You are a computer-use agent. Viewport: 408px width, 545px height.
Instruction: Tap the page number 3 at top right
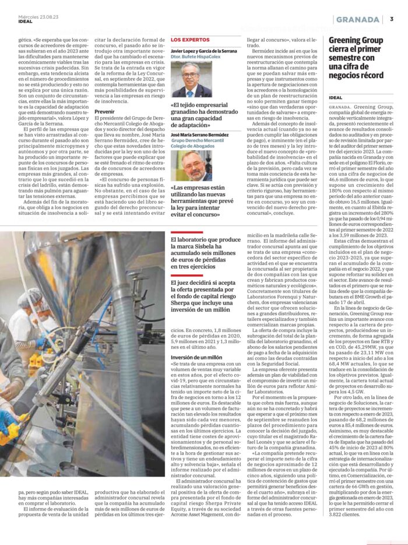click(392, 19)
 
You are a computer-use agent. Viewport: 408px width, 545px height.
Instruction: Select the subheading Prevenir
click(104, 110)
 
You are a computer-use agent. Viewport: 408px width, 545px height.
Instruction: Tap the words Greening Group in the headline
click(356, 40)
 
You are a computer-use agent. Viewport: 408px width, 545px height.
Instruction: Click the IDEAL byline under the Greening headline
click(336, 97)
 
